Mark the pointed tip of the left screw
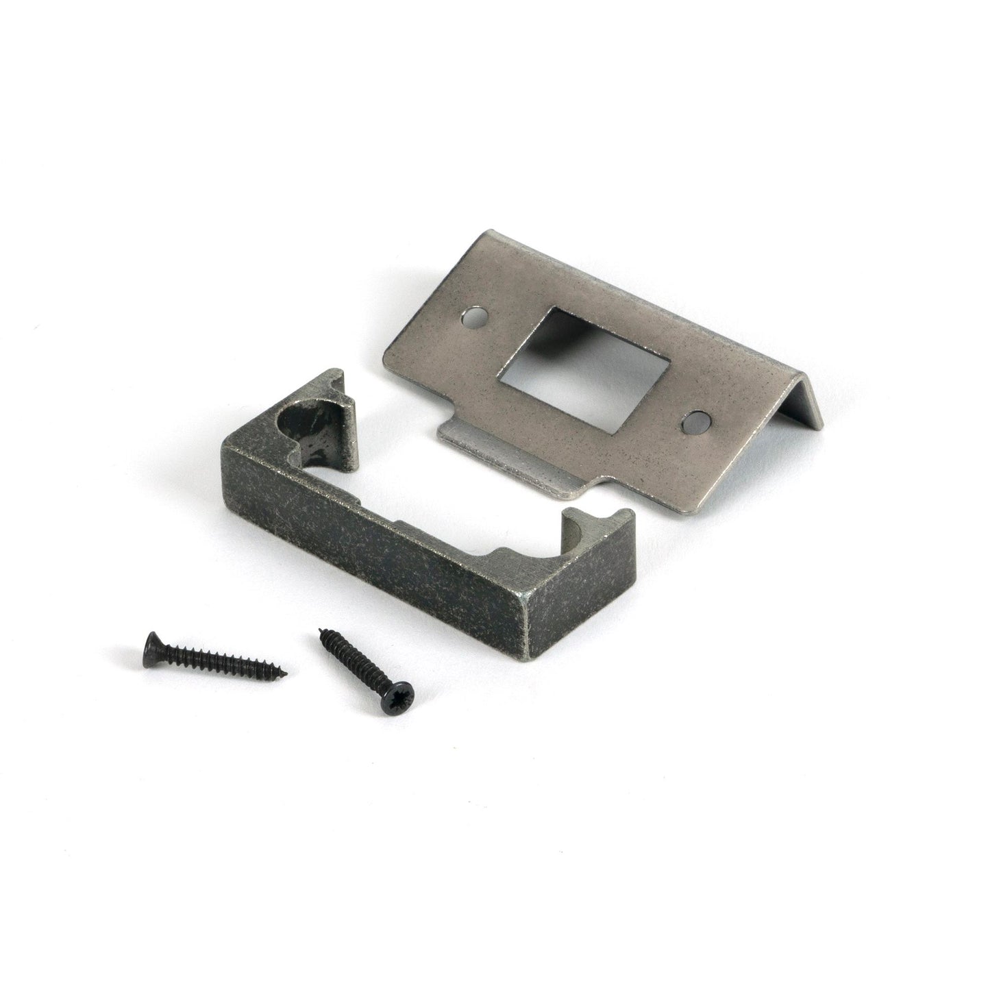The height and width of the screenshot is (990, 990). [x=286, y=673]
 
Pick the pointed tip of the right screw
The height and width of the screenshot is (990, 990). [x=321, y=632]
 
